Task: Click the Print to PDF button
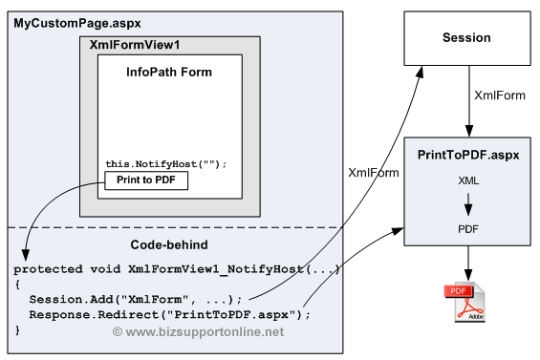coord(146,180)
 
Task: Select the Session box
coord(467,38)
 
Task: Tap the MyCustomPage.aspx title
coord(77,24)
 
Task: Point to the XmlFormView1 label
coord(135,45)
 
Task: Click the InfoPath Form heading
coord(169,72)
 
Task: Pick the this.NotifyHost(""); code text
coord(166,164)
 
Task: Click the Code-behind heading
coord(169,244)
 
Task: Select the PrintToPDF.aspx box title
coord(468,155)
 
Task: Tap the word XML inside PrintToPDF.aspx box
coord(468,180)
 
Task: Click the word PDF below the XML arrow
coord(468,229)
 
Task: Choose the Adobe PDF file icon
coord(464,302)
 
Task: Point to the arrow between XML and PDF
coord(468,204)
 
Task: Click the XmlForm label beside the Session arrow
coord(500,95)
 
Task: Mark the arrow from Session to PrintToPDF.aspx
coord(468,101)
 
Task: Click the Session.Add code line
coord(136,300)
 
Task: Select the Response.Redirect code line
coord(170,314)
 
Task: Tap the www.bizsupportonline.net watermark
coord(199,331)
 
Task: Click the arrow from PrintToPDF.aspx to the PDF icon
coord(468,264)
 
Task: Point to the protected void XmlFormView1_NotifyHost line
coord(177,268)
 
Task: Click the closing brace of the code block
coord(17,330)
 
